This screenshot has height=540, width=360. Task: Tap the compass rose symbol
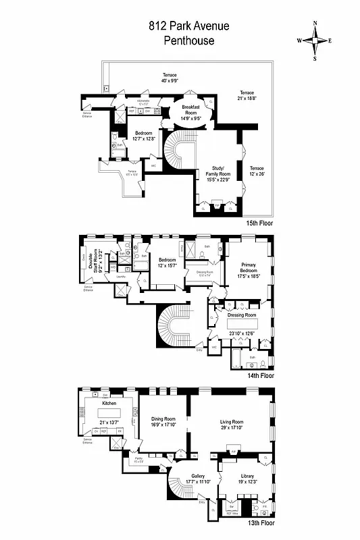(315, 40)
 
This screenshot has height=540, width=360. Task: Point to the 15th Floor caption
(261, 222)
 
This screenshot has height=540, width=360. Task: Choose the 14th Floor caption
(261, 375)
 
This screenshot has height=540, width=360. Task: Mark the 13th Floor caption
(261, 522)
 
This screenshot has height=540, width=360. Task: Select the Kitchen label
(109, 403)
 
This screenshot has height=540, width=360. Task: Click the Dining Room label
(163, 421)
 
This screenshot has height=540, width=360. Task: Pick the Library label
(237, 476)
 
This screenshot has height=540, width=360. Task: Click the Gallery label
(198, 478)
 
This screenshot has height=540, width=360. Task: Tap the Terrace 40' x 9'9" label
(169, 78)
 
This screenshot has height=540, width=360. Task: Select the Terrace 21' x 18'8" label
(247, 95)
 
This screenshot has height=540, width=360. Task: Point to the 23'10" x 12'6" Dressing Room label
(242, 319)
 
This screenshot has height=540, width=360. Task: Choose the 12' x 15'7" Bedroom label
(167, 263)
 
